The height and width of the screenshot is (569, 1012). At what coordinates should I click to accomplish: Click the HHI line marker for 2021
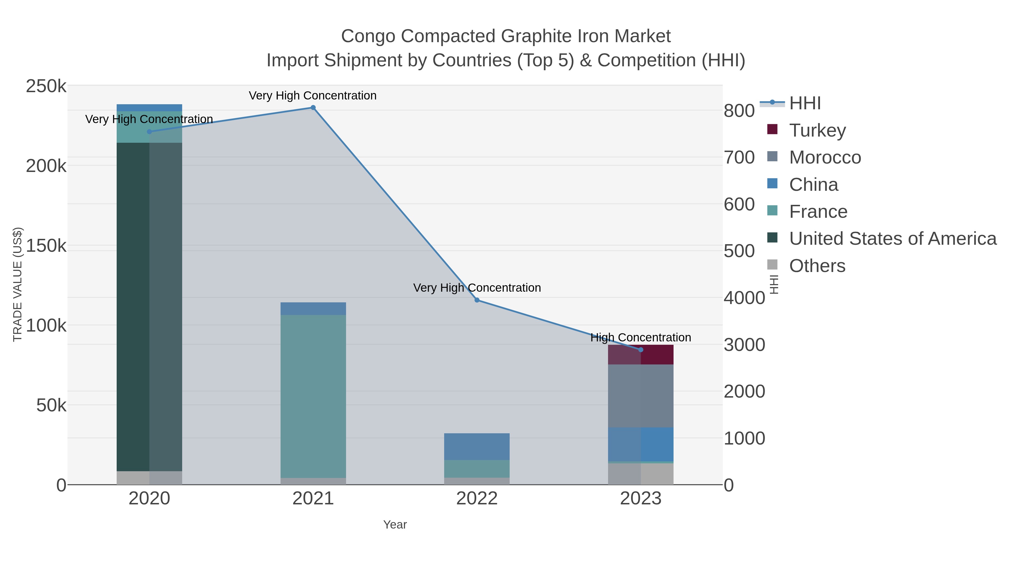click(x=313, y=108)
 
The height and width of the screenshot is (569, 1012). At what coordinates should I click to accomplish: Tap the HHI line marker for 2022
click(x=477, y=300)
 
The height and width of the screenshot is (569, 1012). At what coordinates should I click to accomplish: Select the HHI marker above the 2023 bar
click(x=641, y=350)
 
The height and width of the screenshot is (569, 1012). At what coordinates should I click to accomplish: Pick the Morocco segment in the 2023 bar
click(x=641, y=396)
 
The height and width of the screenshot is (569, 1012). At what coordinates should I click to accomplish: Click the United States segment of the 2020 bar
click(x=149, y=306)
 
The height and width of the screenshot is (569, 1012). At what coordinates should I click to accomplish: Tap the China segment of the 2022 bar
click(x=477, y=446)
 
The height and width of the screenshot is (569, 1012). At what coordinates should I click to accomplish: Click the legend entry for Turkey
click(x=817, y=130)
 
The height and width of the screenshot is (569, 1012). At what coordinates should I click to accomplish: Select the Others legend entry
click(x=817, y=266)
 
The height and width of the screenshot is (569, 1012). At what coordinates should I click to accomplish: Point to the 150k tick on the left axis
click(x=46, y=246)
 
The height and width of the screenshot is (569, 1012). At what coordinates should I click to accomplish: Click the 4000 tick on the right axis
click(x=744, y=298)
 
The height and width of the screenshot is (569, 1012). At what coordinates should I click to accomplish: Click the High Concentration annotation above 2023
click(x=641, y=337)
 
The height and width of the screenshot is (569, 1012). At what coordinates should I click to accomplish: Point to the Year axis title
click(x=395, y=525)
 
